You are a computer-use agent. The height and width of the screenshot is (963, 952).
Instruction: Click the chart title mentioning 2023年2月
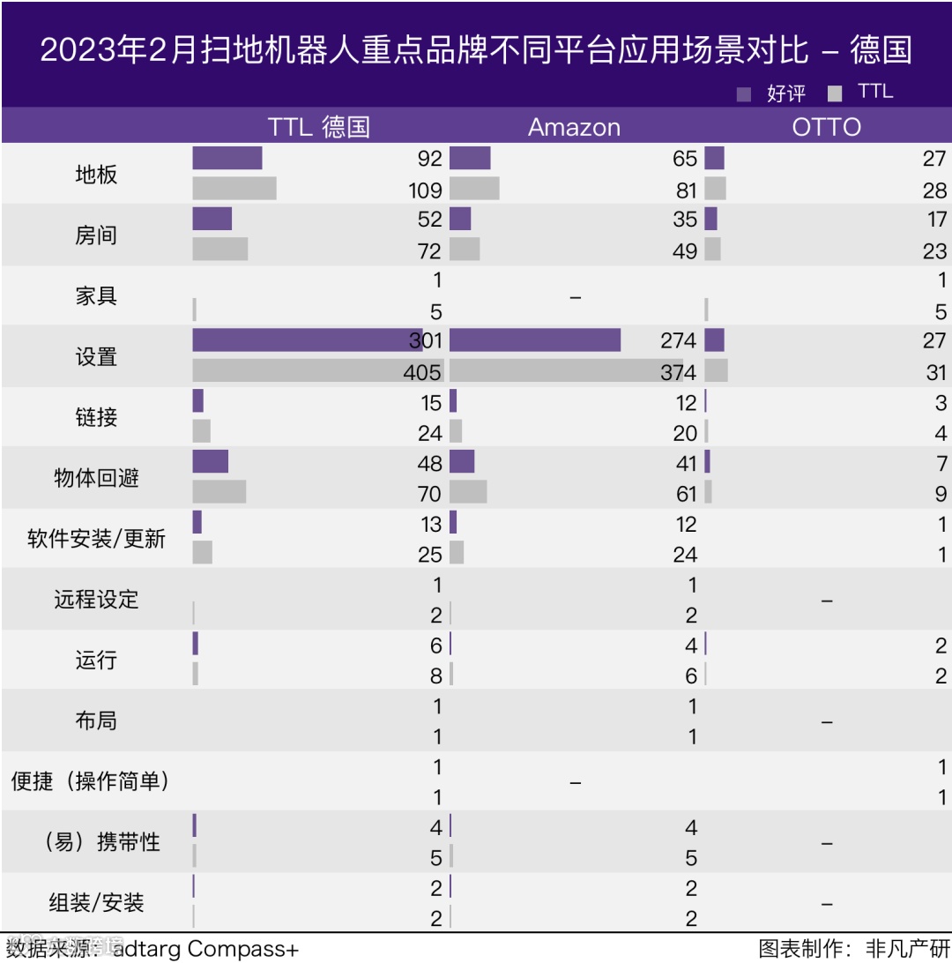click(x=476, y=49)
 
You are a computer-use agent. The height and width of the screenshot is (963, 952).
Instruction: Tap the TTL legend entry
click(x=861, y=92)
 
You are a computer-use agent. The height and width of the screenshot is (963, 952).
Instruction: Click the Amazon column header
click(x=574, y=127)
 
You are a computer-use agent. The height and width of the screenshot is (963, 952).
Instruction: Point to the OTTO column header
click(x=826, y=127)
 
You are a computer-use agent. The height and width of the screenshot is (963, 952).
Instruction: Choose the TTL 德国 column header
click(x=318, y=127)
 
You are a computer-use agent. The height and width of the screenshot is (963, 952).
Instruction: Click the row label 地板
click(x=96, y=175)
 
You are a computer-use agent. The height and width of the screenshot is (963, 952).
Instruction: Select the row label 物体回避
click(x=96, y=478)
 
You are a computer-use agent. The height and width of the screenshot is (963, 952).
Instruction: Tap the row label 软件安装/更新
click(x=96, y=539)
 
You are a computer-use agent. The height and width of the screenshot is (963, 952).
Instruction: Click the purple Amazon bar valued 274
click(x=535, y=340)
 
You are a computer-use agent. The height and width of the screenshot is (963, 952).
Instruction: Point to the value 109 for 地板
click(x=425, y=190)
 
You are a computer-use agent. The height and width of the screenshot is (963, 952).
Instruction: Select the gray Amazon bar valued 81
click(x=474, y=189)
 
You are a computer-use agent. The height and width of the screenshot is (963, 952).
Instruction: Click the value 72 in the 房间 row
click(x=429, y=250)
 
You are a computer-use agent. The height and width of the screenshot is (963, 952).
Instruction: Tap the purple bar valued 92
click(x=227, y=159)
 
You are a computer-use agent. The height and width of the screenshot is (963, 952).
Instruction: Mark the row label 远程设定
click(x=96, y=600)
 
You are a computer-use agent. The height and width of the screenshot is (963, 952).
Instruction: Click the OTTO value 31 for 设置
click(x=936, y=372)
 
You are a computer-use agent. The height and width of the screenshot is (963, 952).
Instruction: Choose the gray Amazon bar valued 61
click(x=468, y=492)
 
